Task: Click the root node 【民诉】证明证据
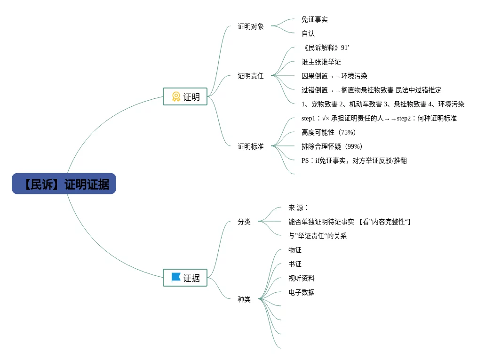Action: (x=64, y=184)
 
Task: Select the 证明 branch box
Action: (x=185, y=96)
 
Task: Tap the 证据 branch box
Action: (x=185, y=278)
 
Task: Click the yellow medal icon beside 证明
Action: (x=176, y=96)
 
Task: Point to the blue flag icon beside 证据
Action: (x=176, y=277)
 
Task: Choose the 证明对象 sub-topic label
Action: (x=251, y=26)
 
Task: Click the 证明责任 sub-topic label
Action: (x=251, y=76)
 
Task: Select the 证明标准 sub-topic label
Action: (x=251, y=146)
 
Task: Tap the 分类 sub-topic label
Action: (x=244, y=222)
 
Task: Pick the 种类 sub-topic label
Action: (x=244, y=299)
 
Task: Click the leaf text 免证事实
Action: (x=314, y=19)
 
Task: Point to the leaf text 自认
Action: (x=308, y=33)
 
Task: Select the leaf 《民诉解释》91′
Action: (x=326, y=48)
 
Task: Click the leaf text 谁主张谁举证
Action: (x=321, y=62)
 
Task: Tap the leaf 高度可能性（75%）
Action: (x=328, y=132)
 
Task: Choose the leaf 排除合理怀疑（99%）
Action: (x=332, y=146)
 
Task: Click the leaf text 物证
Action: (x=295, y=250)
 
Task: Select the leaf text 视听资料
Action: (x=302, y=278)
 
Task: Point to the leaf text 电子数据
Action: (x=302, y=292)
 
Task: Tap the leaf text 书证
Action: (x=295, y=264)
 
